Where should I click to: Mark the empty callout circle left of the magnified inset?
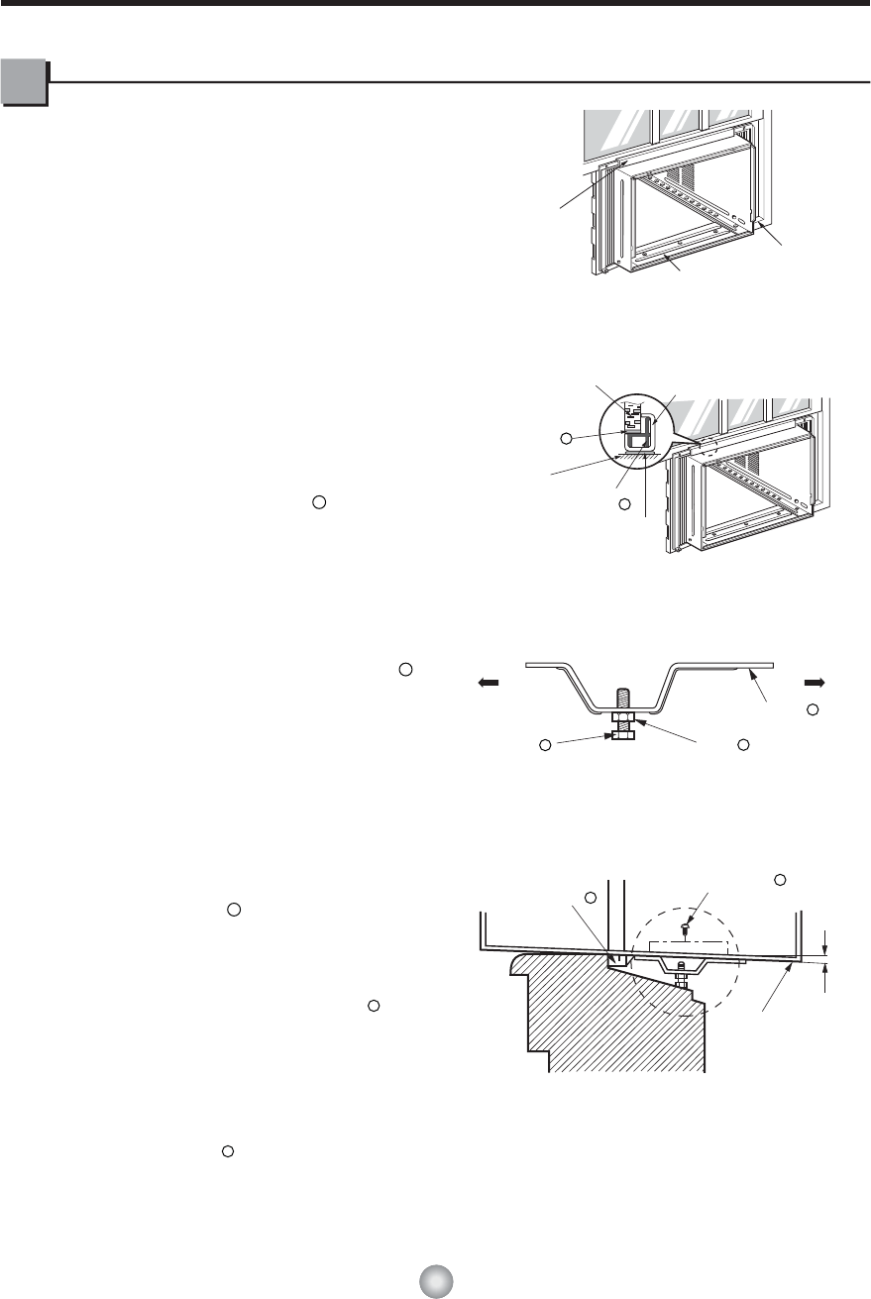pyautogui.click(x=565, y=436)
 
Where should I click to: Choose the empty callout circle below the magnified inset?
pyautogui.click(x=623, y=505)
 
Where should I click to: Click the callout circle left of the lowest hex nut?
pyautogui.click(x=544, y=744)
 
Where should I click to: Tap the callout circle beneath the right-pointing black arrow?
pyautogui.click(x=811, y=709)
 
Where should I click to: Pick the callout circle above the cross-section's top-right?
pyautogui.click(x=779, y=880)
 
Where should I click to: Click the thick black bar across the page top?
pyautogui.click(x=435, y=4)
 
